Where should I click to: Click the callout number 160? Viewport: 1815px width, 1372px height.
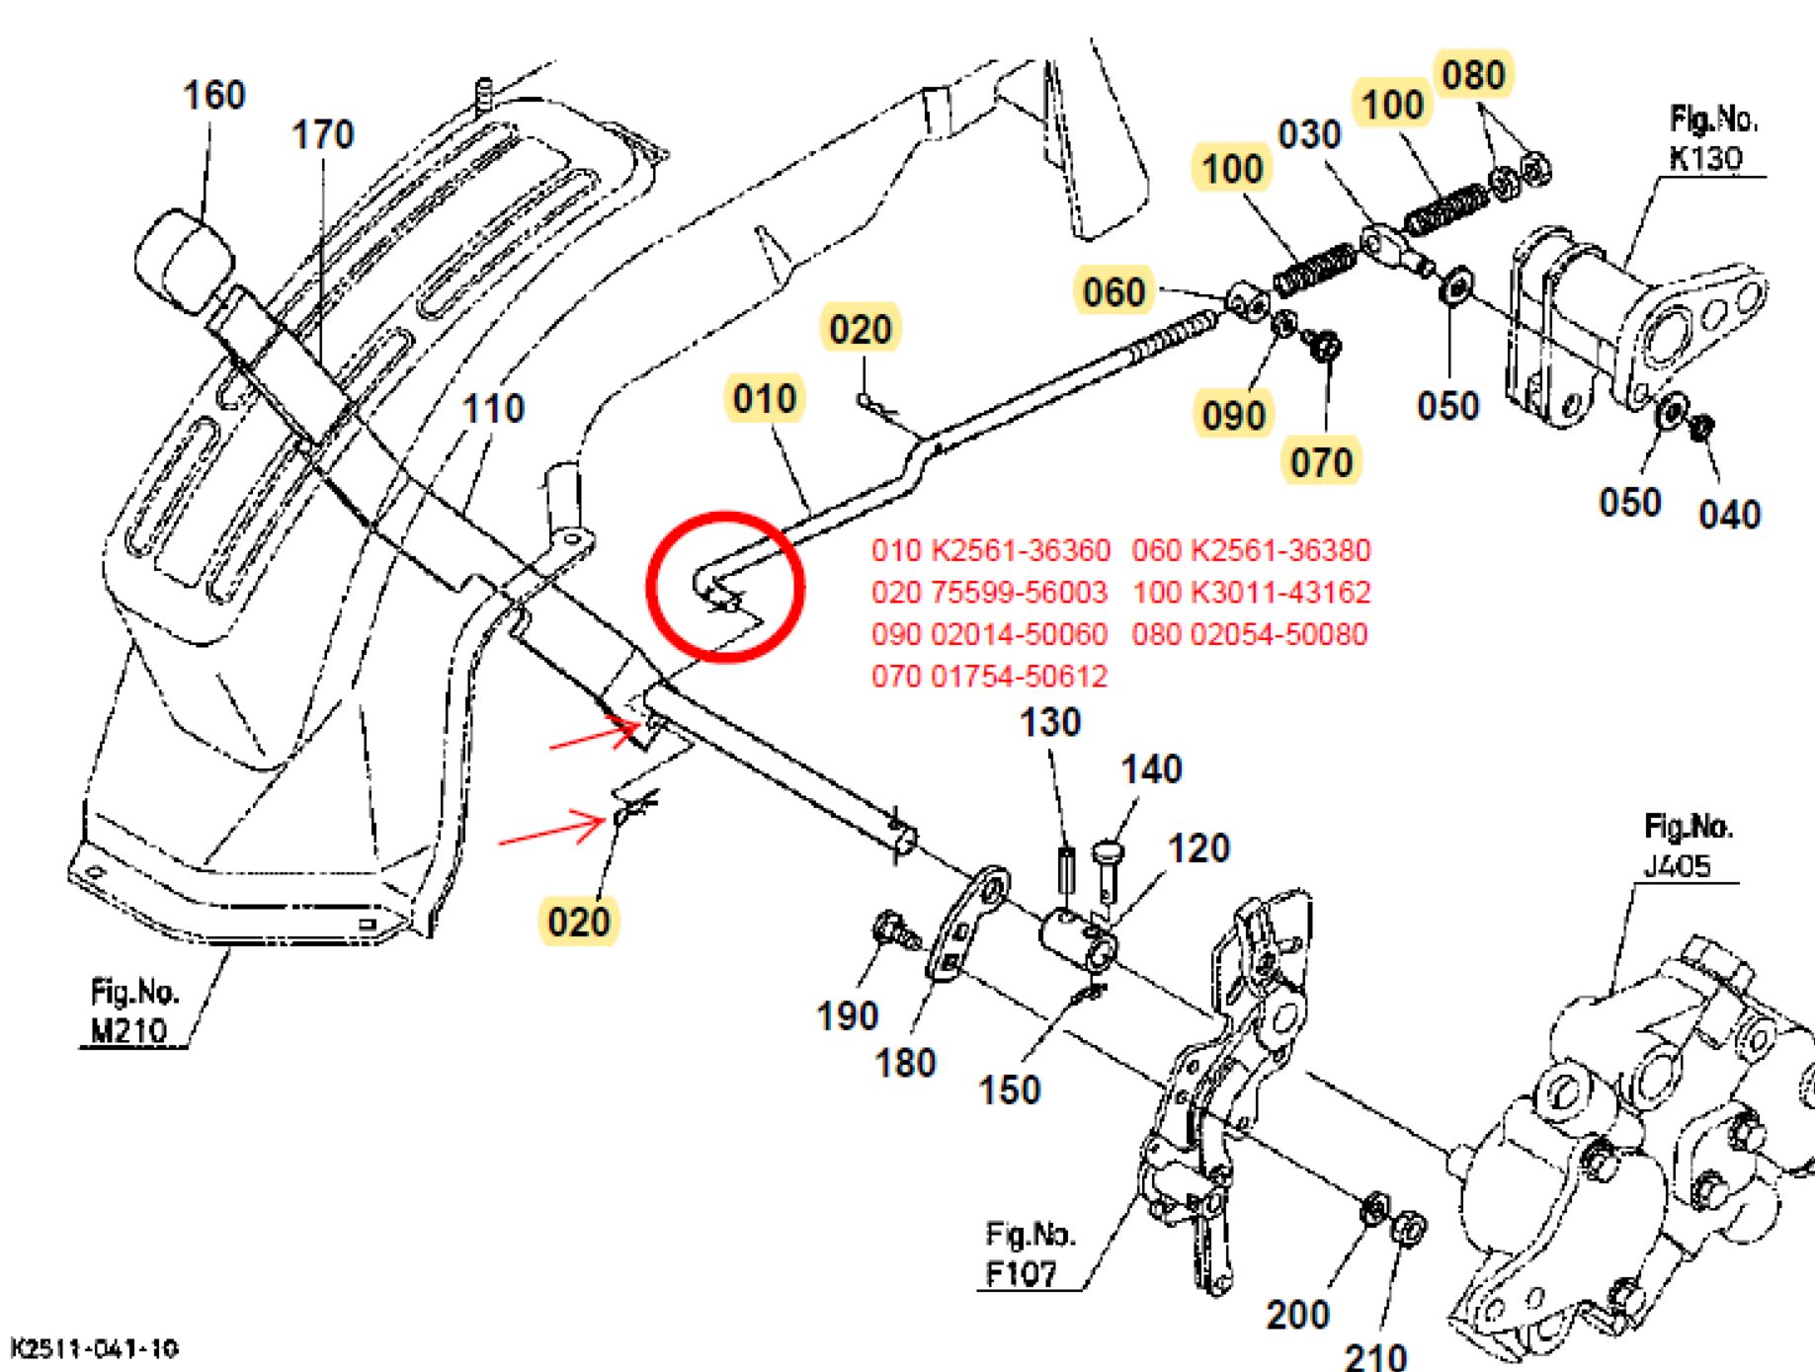coord(213,96)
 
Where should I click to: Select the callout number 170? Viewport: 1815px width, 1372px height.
coord(322,134)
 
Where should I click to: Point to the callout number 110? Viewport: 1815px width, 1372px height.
coord(493,408)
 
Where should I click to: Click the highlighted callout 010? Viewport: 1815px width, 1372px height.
coord(765,398)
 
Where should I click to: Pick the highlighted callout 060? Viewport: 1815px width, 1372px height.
coord(1114,291)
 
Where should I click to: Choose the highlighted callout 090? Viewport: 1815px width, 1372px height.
coord(1233,415)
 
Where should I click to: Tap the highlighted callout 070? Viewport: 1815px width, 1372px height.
coord(1321,461)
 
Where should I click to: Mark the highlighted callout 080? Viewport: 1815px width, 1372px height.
coord(1473,75)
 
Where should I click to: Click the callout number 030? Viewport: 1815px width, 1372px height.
coord(1309,134)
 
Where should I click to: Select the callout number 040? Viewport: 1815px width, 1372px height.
coord(1729,514)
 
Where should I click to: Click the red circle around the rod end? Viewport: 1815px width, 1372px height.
coord(724,586)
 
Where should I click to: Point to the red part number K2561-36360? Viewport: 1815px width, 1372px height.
coord(1021,550)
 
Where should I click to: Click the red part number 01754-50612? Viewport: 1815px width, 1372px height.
coord(1020,677)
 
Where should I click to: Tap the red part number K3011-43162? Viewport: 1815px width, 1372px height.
coord(1280,593)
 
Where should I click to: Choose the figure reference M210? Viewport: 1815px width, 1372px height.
coord(129,1030)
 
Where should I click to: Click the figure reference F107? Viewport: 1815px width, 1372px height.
coord(1022,1273)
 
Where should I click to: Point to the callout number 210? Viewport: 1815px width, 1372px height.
coord(1375,1355)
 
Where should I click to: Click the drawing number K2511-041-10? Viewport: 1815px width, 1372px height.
coord(94,1348)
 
